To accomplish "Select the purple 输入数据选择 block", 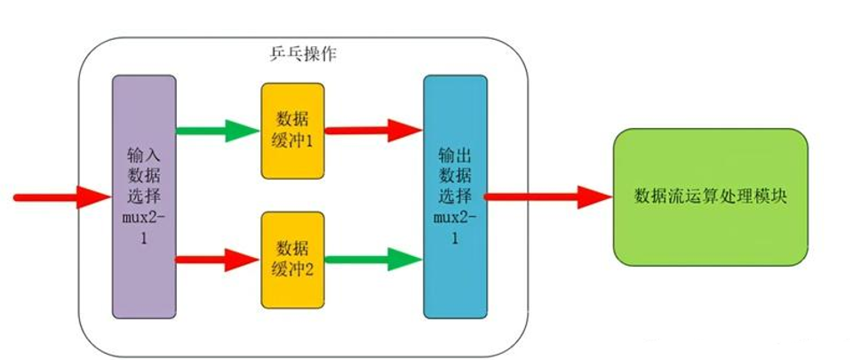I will click(143, 196).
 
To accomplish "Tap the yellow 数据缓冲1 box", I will click(292, 132).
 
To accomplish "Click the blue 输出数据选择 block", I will click(455, 196).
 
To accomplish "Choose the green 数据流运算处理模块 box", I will click(711, 196).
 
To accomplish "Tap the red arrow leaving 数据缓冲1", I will click(373, 130).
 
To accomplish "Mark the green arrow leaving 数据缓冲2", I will click(373, 260).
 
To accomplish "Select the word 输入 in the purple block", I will click(143, 154).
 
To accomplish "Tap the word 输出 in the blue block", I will click(455, 152).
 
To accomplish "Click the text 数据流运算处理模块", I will click(711, 196).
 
